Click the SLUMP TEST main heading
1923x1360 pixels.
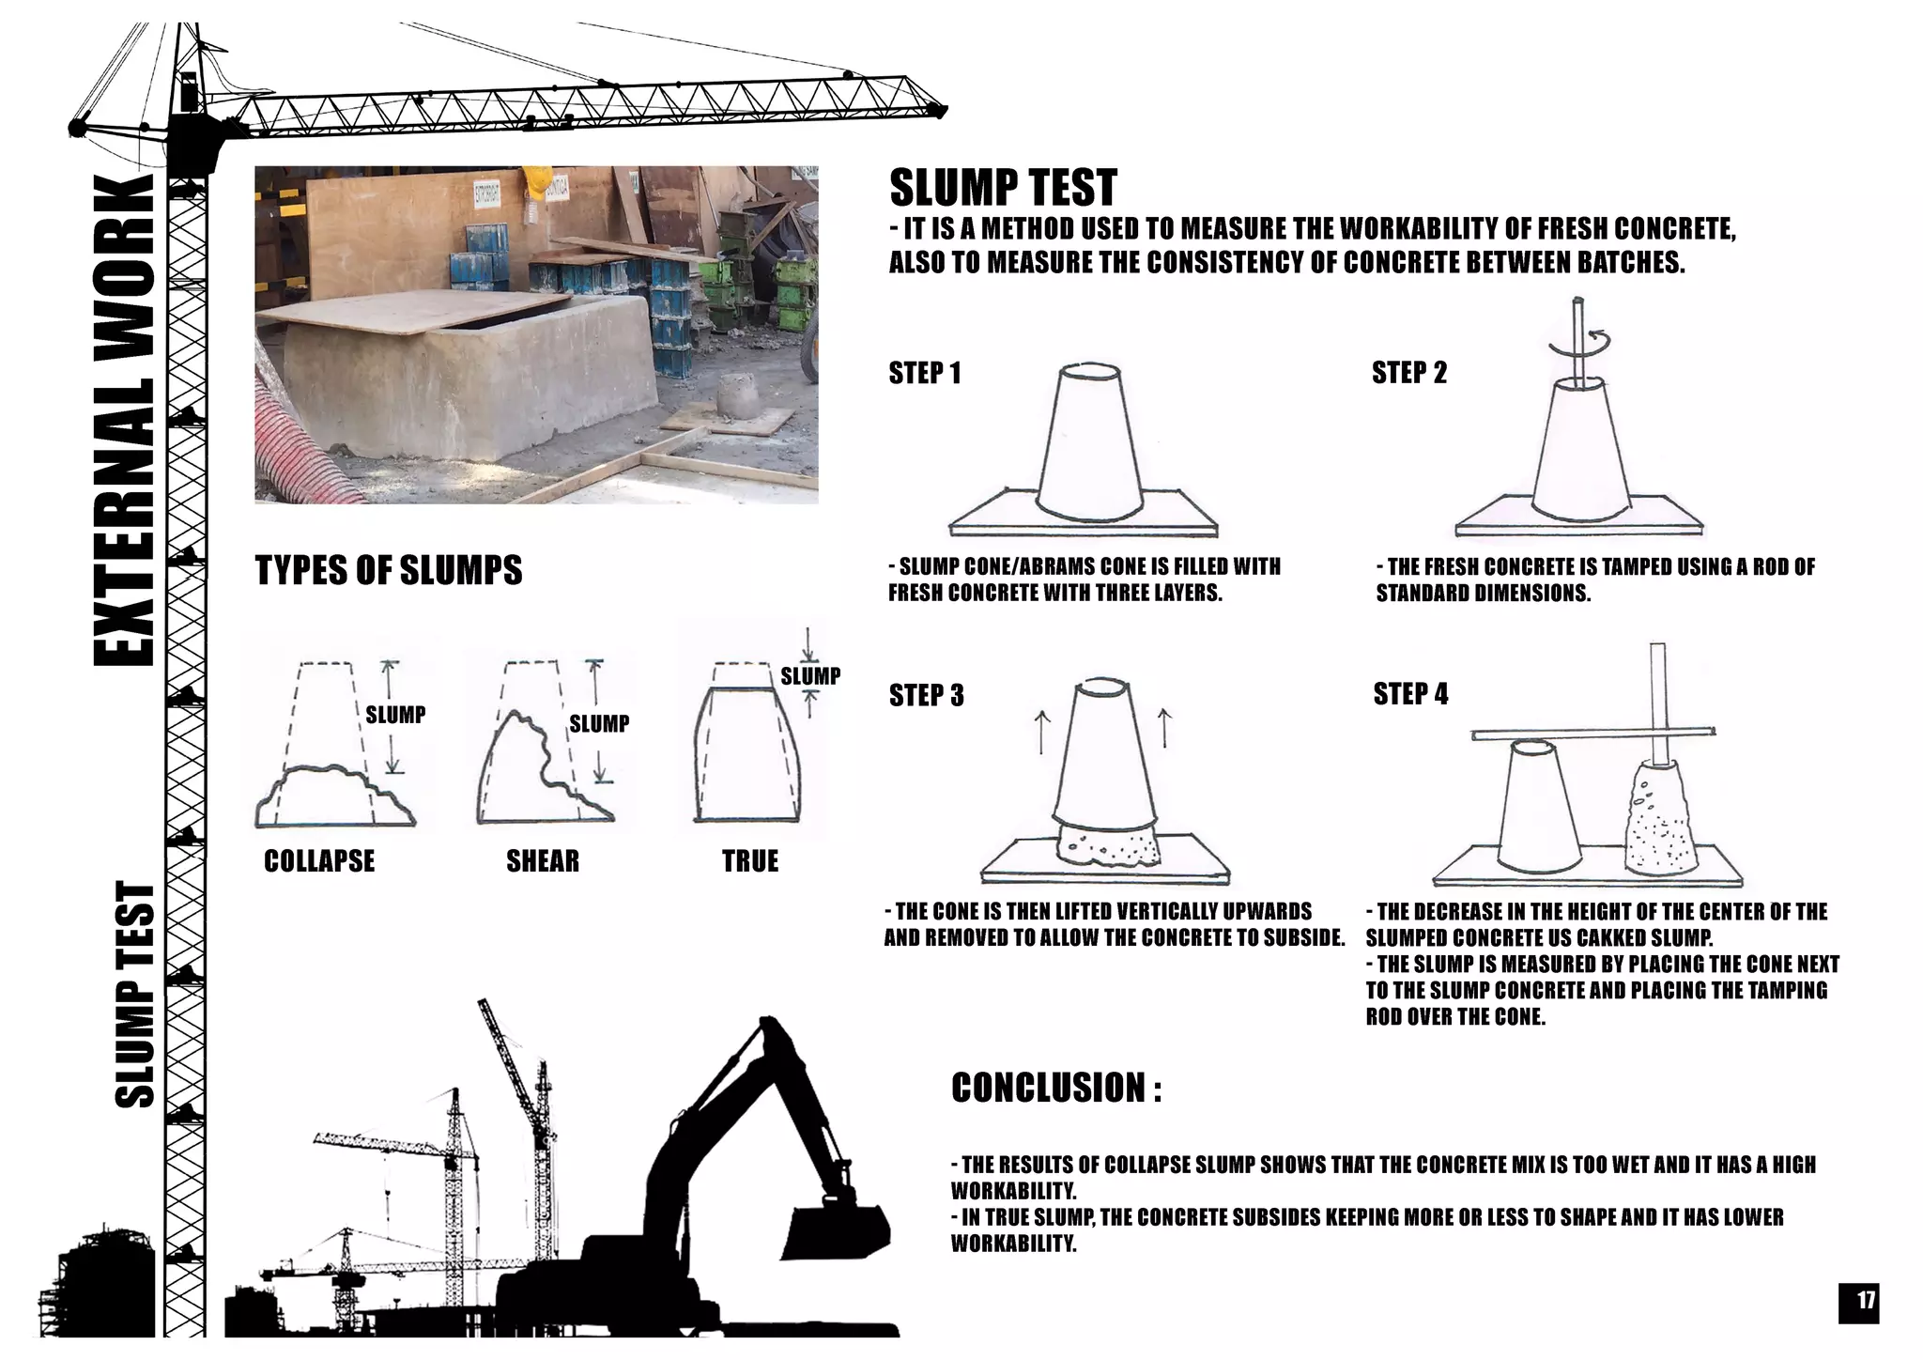(x=1003, y=188)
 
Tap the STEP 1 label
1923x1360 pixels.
(x=925, y=373)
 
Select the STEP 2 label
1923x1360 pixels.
(x=1408, y=373)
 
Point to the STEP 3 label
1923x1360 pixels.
(x=926, y=695)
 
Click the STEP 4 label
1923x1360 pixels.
(x=1410, y=694)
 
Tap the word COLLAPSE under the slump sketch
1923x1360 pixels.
(x=319, y=860)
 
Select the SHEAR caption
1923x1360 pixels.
(x=543, y=860)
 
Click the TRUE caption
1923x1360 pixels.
(x=749, y=860)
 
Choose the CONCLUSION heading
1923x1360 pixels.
(x=1055, y=1088)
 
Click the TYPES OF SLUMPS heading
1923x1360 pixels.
(x=389, y=570)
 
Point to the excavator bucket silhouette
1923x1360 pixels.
(x=836, y=1230)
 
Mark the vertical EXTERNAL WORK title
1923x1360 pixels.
(x=124, y=420)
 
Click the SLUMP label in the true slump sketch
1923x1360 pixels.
(x=809, y=675)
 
